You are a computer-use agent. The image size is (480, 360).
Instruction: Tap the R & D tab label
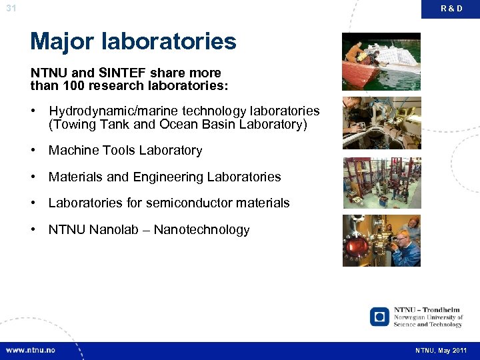(x=451, y=9)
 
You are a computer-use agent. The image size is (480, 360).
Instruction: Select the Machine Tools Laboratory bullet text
(x=125, y=151)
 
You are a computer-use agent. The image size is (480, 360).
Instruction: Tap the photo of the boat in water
(x=381, y=62)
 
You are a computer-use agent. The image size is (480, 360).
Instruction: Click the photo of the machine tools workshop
(x=381, y=123)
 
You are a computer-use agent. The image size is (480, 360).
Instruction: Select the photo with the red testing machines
(x=381, y=182)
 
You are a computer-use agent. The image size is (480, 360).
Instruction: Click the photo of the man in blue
(x=381, y=241)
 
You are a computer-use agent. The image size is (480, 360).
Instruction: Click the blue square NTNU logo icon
(x=379, y=316)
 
